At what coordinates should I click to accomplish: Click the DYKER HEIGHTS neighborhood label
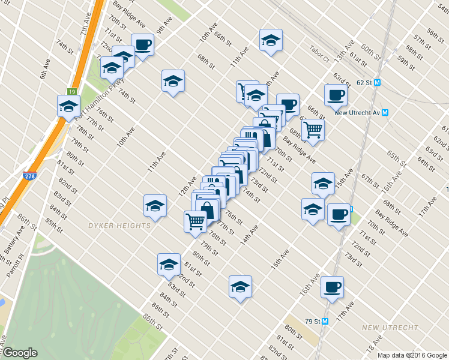(119, 226)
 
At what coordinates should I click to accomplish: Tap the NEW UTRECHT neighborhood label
(390, 327)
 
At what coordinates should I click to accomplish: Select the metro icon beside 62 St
(377, 83)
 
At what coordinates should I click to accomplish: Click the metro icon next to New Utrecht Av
(385, 112)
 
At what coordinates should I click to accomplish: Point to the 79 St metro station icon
(325, 321)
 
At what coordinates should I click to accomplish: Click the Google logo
(20, 353)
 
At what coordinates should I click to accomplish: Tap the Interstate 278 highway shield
(29, 176)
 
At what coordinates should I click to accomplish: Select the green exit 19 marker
(71, 91)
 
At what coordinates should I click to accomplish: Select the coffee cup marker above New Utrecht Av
(336, 94)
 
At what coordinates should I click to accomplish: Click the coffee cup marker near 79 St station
(331, 286)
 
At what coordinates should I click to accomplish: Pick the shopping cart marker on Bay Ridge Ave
(312, 128)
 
